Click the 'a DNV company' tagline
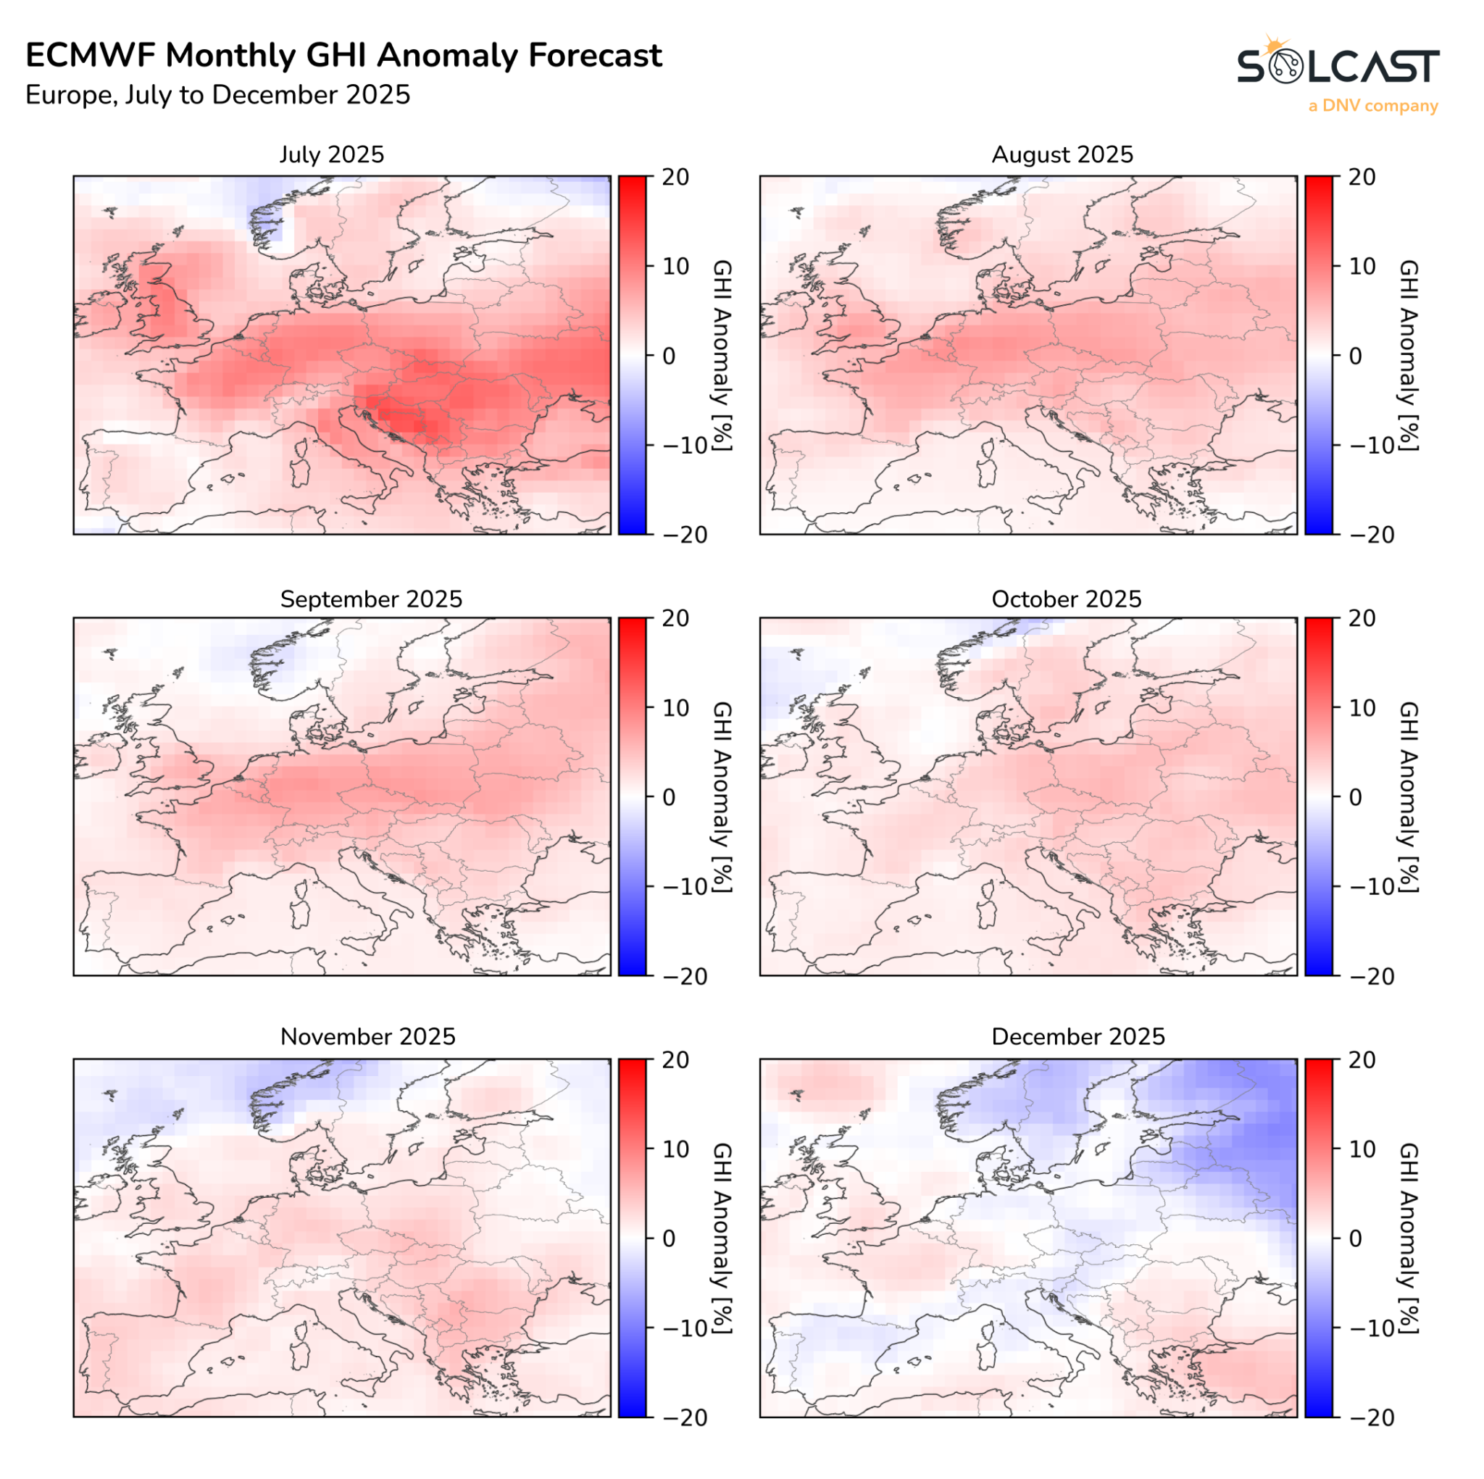tap(1372, 106)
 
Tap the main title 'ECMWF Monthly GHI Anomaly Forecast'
tap(343, 55)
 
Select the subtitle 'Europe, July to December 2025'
tap(217, 95)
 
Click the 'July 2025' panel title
tap(331, 154)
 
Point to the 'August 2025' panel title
tap(1062, 154)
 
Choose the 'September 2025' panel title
tap(371, 599)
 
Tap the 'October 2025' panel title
tap(1066, 599)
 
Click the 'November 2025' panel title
tap(367, 1036)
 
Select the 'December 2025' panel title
tap(1077, 1036)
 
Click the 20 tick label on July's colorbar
tap(675, 177)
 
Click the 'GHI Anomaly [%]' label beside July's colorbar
tap(722, 355)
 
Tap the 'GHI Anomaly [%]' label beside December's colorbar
tap(1408, 1238)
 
